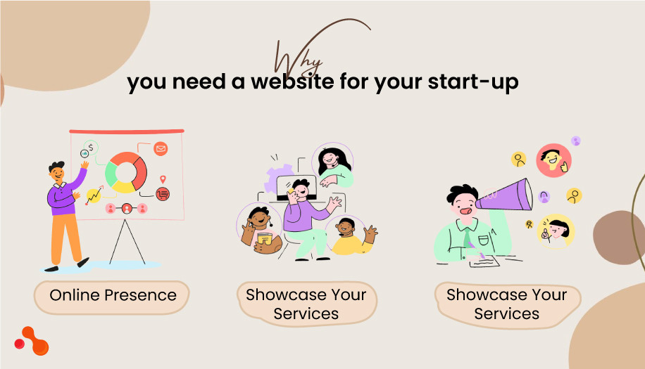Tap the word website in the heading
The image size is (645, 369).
(x=285, y=82)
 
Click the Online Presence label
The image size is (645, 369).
(x=113, y=295)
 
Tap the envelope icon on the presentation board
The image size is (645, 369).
(x=161, y=149)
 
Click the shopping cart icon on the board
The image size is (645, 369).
(x=163, y=193)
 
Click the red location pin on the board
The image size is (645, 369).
(x=163, y=179)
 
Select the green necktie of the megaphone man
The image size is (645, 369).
(x=468, y=235)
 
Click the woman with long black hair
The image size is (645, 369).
(x=332, y=164)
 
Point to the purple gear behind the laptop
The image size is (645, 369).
(x=277, y=179)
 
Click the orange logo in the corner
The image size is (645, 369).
(x=32, y=340)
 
